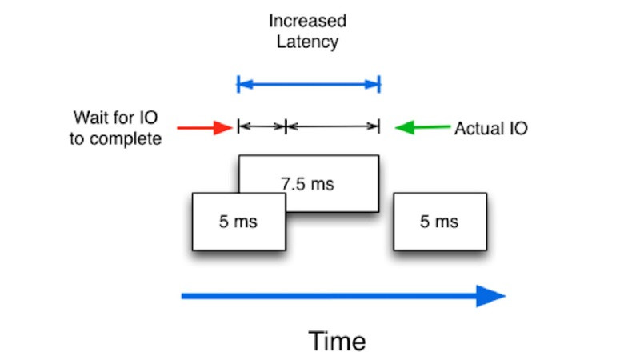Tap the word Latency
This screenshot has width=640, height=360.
[x=308, y=42]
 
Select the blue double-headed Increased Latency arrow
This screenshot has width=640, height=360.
[x=308, y=83]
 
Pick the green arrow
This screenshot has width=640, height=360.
[x=423, y=126]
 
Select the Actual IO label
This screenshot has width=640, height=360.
[x=490, y=128]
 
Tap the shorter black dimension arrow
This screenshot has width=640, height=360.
[x=262, y=126]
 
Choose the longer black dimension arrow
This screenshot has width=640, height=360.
[x=332, y=126]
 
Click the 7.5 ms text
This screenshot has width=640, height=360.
[x=308, y=184]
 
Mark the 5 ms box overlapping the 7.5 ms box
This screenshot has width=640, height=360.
[x=238, y=222]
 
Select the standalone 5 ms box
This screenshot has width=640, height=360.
[x=439, y=222]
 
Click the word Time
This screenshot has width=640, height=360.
[x=337, y=342]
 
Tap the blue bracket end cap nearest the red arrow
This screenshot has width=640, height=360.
[x=238, y=83]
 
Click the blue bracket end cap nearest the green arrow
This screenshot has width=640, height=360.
[x=378, y=83]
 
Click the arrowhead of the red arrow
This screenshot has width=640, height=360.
[x=225, y=126]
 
